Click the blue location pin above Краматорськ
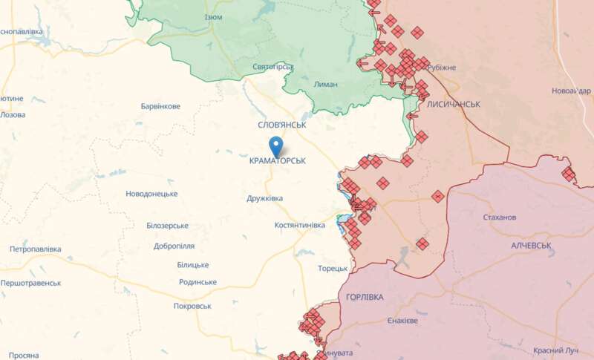point(277,145)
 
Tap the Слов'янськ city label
point(282,125)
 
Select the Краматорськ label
point(277,160)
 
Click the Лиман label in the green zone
point(326,84)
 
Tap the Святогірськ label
point(273,67)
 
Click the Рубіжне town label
point(442,68)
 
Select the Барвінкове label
point(160,106)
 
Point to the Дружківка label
point(265,198)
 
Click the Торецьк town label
point(333,268)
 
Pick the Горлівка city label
point(365,297)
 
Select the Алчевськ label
point(531,245)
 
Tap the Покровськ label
point(192,306)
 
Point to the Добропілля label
point(174,246)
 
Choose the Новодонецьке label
point(151,194)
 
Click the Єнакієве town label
point(402,321)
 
